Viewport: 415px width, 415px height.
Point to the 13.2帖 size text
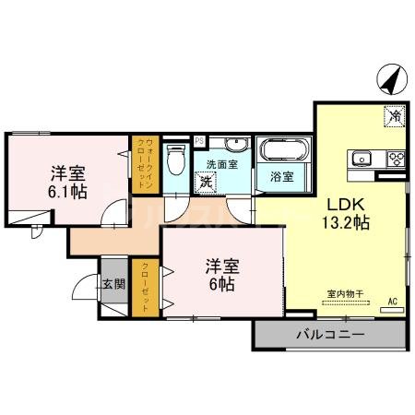click(346, 223)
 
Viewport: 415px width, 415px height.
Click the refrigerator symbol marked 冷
click(394, 117)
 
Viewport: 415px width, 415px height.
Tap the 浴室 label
click(282, 176)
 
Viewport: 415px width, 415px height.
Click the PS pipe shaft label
click(199, 141)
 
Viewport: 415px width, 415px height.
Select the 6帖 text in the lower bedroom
click(220, 276)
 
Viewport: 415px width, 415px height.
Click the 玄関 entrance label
click(113, 285)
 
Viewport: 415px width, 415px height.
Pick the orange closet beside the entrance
click(146, 289)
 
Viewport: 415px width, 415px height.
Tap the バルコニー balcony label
click(329, 334)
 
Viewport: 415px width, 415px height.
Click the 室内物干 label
click(345, 294)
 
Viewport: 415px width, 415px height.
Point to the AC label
click(392, 302)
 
